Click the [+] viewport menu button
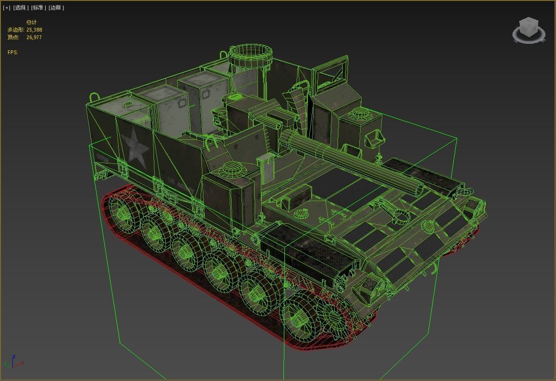pyautogui.click(x=7, y=8)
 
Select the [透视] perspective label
pyautogui.click(x=21, y=8)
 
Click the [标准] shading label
pyautogui.click(x=39, y=8)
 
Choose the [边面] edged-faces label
pyautogui.click(x=56, y=8)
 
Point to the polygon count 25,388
pyautogui.click(x=37, y=30)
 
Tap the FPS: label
pyautogui.click(x=13, y=52)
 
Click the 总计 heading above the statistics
pyautogui.click(x=32, y=22)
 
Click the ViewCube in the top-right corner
pyautogui.click(x=528, y=30)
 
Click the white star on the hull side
pyautogui.click(x=136, y=147)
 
